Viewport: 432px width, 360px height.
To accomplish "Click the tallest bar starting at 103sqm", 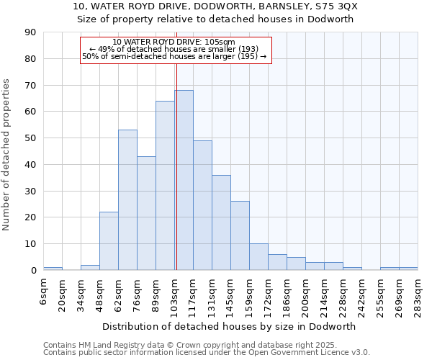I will click(184, 180).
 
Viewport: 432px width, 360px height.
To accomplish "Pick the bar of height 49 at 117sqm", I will click(202, 205).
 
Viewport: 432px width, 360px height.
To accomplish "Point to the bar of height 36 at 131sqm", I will click(221, 222).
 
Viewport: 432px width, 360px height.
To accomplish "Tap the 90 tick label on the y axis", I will click(30, 32).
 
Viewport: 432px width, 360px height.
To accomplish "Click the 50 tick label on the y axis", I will click(30, 138).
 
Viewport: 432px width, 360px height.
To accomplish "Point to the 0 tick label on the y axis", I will click(33, 271).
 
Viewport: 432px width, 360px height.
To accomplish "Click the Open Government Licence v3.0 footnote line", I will click(207, 353).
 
